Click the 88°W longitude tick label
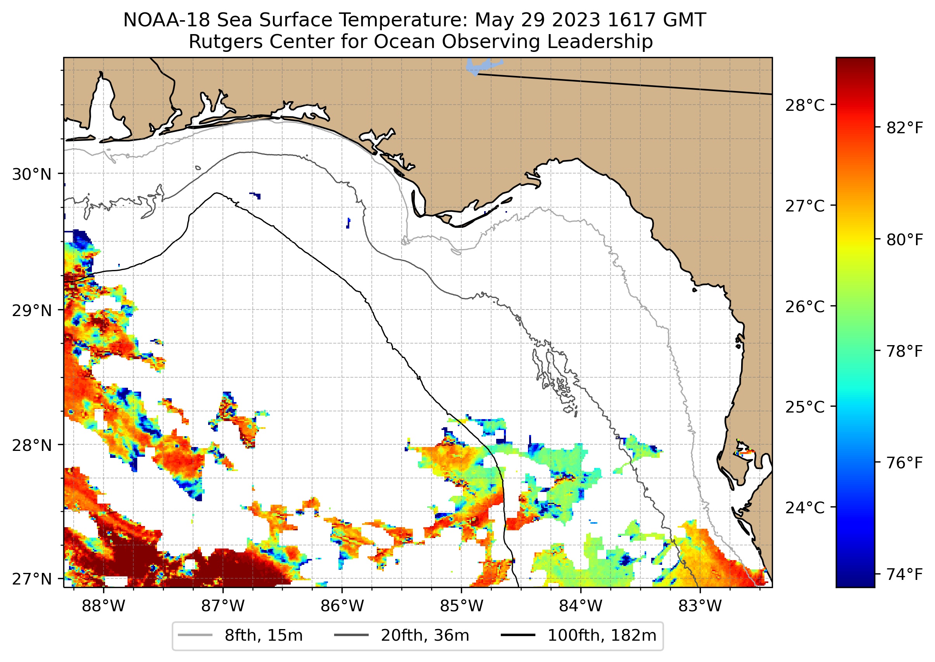[x=103, y=606]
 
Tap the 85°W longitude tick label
[x=461, y=606]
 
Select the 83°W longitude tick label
[x=700, y=606]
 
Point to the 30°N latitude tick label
[x=32, y=174]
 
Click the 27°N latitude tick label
[x=32, y=579]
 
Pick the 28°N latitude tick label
[x=32, y=445]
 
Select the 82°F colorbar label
[x=904, y=128]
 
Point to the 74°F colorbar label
[x=904, y=574]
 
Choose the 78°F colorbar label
[x=904, y=351]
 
